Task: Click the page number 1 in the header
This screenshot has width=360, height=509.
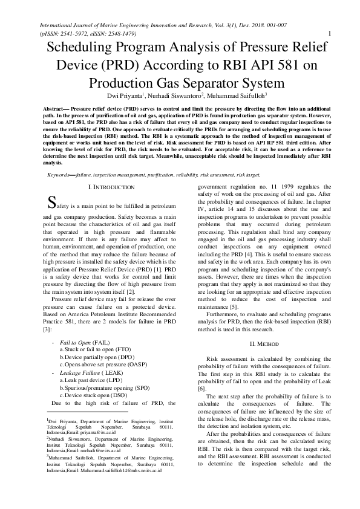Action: tap(327, 33)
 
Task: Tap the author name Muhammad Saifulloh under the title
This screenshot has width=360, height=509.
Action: tap(237, 96)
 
